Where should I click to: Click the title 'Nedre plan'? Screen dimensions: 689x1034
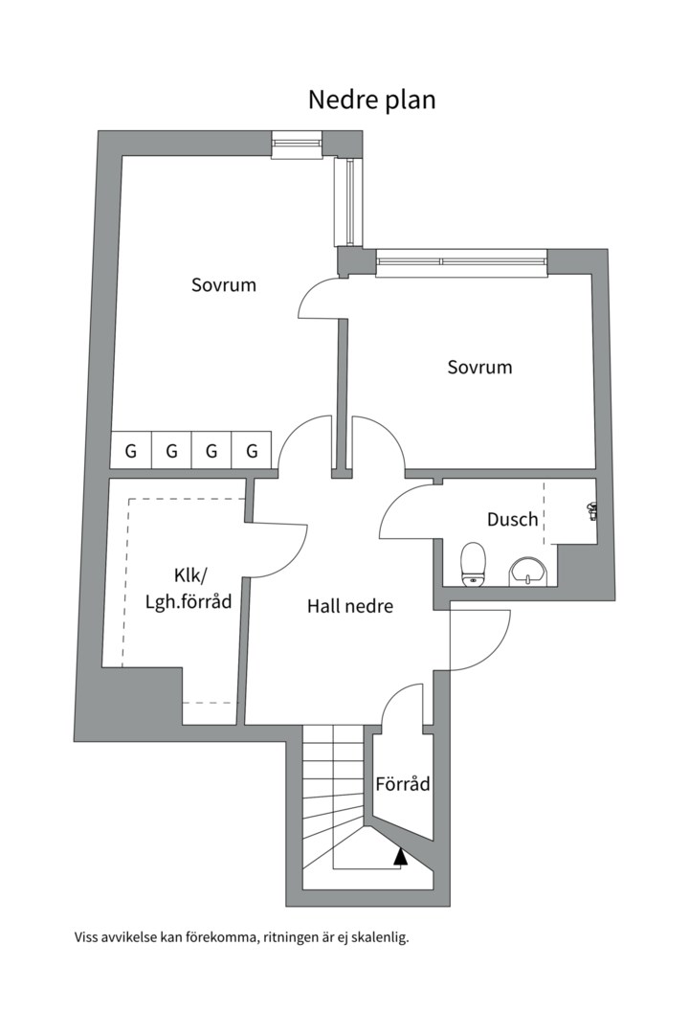tap(372, 100)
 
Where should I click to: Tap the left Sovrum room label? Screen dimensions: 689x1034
tap(224, 285)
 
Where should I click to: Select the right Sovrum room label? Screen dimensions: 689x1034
tap(479, 367)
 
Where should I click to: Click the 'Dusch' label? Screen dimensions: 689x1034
tap(512, 519)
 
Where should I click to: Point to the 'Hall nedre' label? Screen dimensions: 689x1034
tap(350, 606)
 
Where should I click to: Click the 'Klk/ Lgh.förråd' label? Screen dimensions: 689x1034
tap(189, 588)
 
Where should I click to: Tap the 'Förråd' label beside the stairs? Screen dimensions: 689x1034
tap(402, 784)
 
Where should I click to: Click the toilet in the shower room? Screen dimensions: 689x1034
tap(473, 564)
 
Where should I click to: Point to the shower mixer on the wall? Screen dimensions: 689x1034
tap(591, 511)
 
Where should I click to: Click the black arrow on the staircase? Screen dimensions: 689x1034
tap(400, 856)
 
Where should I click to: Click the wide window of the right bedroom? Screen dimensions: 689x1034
tap(461, 261)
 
